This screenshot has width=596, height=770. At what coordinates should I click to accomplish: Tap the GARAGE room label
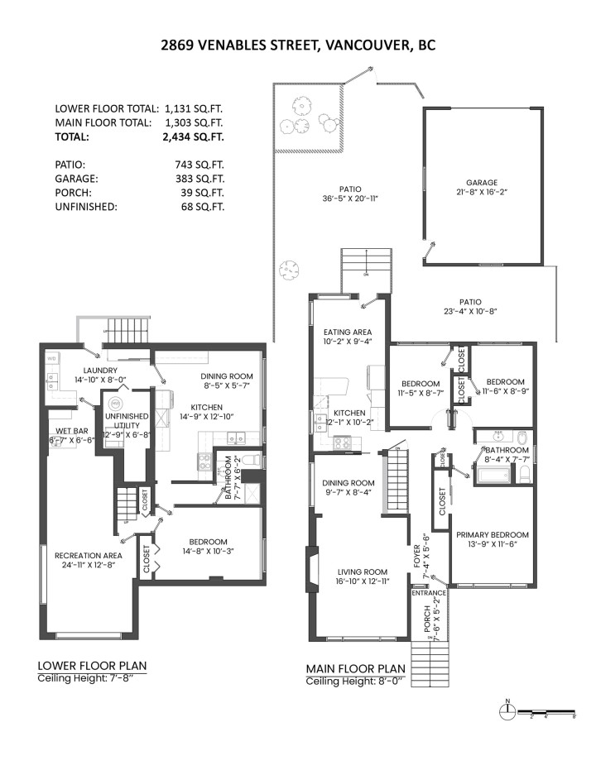pyautogui.click(x=481, y=183)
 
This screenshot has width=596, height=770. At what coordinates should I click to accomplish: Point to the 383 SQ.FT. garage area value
pyautogui.click(x=199, y=179)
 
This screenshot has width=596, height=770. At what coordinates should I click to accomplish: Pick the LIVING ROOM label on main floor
pyautogui.click(x=362, y=572)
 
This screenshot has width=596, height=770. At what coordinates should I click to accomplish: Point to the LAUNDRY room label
pyautogui.click(x=100, y=370)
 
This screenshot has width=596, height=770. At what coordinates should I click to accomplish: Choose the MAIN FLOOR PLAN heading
pyautogui.click(x=355, y=669)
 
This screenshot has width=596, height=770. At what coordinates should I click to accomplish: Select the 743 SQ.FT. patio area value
pyautogui.click(x=199, y=165)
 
